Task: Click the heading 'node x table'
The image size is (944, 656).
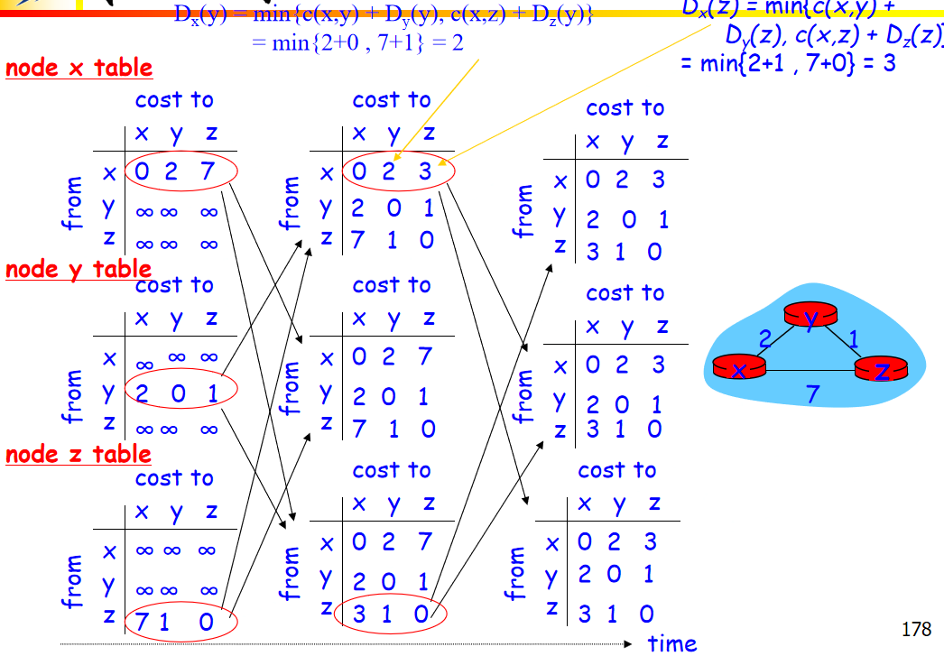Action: coord(79,68)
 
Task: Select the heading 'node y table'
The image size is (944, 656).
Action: coord(79,269)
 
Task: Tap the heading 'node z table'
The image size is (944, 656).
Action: coord(79,454)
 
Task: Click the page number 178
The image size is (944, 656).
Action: coord(915,629)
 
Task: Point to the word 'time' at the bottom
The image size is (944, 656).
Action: coord(672,642)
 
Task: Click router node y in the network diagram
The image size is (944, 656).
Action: coord(810,316)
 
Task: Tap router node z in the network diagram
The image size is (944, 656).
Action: coord(881,370)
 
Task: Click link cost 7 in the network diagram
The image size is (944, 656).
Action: coord(813,393)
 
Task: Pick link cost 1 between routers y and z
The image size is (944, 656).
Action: coord(854,338)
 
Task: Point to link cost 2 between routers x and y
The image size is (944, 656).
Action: coord(764,339)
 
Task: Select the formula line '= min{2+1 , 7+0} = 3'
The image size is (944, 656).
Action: coord(788,63)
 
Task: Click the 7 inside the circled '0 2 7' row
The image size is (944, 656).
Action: coord(208,170)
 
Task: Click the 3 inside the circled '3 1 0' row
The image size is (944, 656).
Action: coord(359,613)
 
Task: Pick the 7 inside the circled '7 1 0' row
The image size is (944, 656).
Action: coord(142,621)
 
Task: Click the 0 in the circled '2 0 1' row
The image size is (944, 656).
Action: coord(177,392)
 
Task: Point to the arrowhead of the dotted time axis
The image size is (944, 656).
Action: coord(631,644)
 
